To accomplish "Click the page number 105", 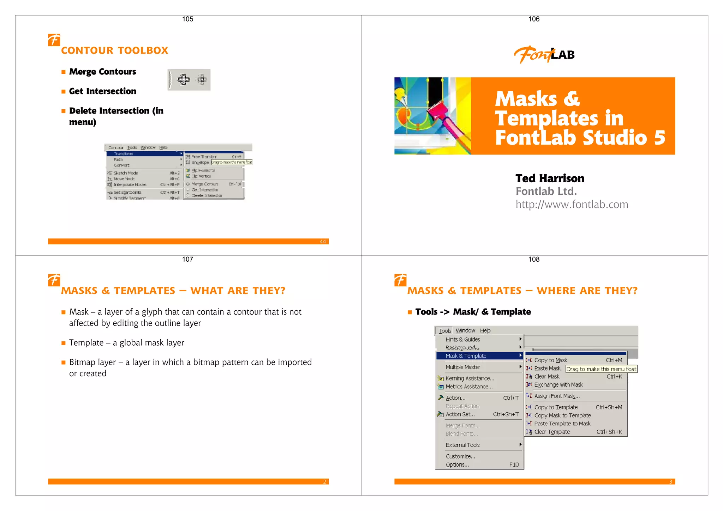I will (x=187, y=19).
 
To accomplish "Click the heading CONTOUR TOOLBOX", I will (x=114, y=50).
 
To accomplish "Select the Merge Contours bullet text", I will (x=102, y=72).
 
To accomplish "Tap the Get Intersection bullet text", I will (x=102, y=91).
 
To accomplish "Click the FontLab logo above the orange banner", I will (x=544, y=55).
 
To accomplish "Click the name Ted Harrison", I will (x=550, y=178).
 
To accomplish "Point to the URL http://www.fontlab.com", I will (x=572, y=205).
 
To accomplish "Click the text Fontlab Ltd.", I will (x=546, y=191).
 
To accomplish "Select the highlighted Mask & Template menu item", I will (x=466, y=356).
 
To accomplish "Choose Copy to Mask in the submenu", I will (x=550, y=360).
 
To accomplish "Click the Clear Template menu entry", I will (x=552, y=432).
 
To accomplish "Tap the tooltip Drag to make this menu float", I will (x=601, y=369).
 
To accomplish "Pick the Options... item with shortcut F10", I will (x=457, y=465).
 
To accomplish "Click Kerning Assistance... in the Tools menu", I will (x=470, y=378).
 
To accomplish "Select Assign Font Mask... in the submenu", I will (x=557, y=396).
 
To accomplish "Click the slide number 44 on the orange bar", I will (x=323, y=242).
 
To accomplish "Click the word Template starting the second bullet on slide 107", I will (x=86, y=343).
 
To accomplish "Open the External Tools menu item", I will (x=462, y=445).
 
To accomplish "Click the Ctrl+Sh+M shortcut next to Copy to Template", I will (x=609, y=407).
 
